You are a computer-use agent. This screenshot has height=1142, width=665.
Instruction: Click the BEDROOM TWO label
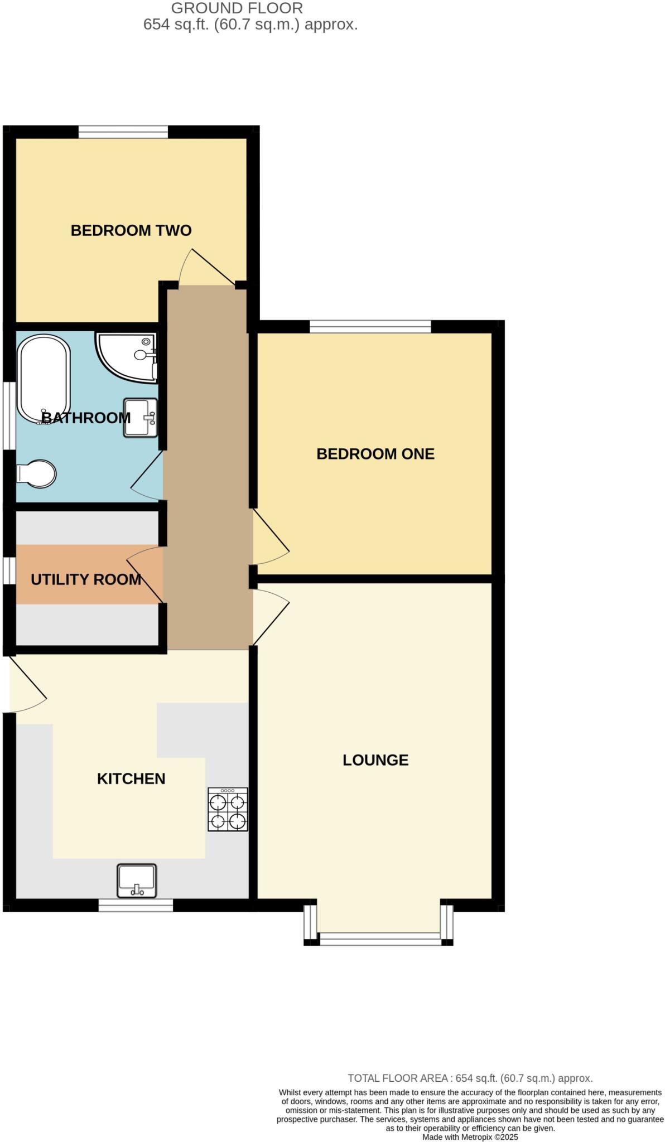[x=131, y=230]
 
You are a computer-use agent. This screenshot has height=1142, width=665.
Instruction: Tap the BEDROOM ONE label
[x=375, y=454]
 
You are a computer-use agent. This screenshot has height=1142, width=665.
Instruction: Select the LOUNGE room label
[x=375, y=760]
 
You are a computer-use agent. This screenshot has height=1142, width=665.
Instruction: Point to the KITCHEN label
[x=131, y=778]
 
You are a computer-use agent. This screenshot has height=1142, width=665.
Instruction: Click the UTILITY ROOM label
[x=86, y=579]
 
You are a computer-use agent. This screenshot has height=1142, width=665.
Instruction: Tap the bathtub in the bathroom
[x=44, y=379]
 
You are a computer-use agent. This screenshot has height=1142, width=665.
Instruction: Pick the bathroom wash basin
[x=140, y=418]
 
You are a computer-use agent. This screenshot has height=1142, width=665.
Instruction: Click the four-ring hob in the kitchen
[x=228, y=809]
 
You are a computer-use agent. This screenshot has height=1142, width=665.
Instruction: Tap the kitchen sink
[x=137, y=880]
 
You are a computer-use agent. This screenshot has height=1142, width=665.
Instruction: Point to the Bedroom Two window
[x=123, y=132]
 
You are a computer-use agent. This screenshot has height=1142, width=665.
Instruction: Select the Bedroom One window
[x=370, y=326]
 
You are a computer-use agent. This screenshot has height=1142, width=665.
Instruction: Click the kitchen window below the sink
[x=136, y=905]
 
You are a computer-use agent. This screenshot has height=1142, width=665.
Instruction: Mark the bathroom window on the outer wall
[x=9, y=415]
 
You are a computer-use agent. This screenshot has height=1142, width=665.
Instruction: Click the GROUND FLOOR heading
[x=237, y=8]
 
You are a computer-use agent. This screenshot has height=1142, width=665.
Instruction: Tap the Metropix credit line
[x=470, y=1137]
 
